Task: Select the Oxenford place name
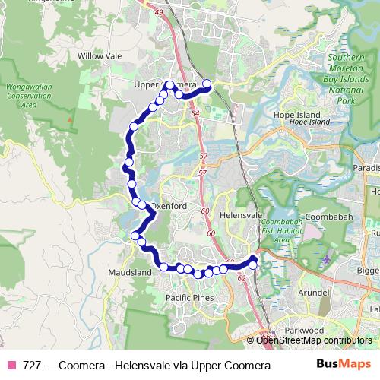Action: pyautogui.click(x=168, y=206)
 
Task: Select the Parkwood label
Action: pyautogui.click(x=304, y=331)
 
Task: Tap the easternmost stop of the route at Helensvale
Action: pyautogui.click(x=254, y=263)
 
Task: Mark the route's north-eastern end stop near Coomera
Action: pyautogui.click(x=206, y=84)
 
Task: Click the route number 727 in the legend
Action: pyautogui.click(x=30, y=365)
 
